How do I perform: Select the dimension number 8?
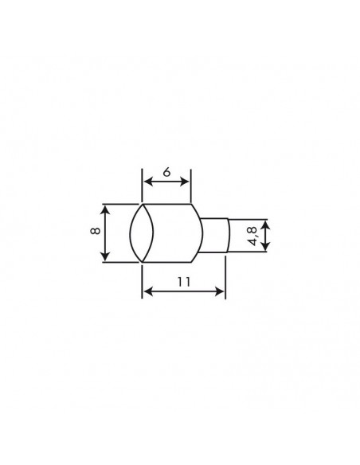pos(96,232)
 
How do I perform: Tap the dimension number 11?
pos(183,281)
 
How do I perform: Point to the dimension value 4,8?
pos(252,236)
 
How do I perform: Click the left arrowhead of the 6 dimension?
pos(146,182)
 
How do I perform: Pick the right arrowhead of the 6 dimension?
pos(187,182)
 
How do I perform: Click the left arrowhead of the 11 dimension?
pos(146,292)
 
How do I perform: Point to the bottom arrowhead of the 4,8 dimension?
pos(265,248)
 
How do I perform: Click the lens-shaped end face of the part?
pos(142,232)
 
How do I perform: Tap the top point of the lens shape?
pos(142,204)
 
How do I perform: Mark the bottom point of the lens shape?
pos(142,261)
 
